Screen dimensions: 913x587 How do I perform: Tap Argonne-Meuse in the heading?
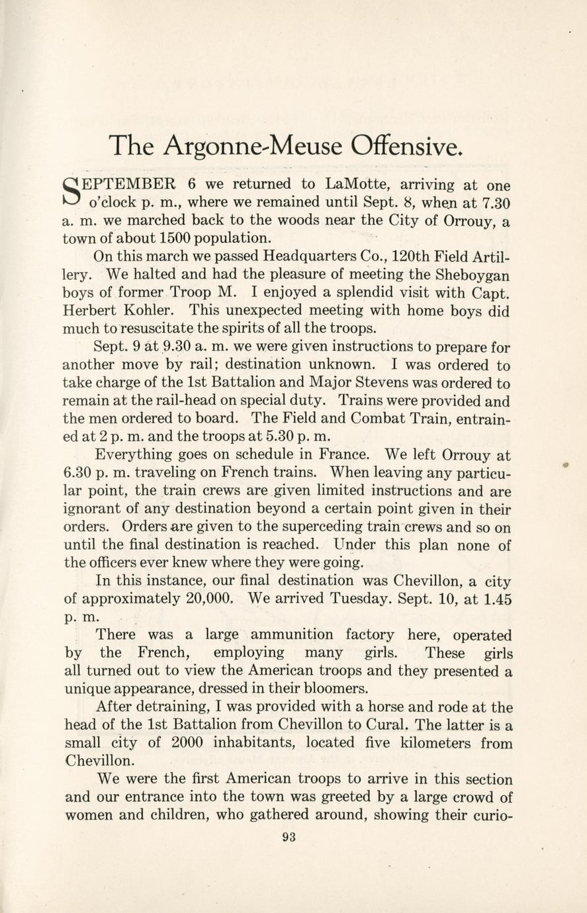tap(253, 146)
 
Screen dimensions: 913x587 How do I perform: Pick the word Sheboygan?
tap(475, 274)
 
